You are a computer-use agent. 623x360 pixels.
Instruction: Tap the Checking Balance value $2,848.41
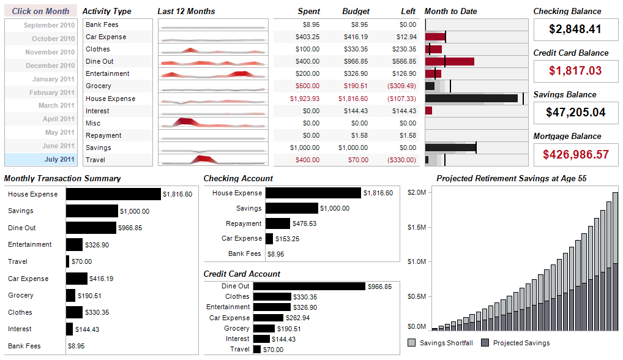(575, 29)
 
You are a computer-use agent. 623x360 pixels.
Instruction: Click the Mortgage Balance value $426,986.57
(575, 154)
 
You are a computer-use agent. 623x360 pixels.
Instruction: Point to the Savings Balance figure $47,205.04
(575, 113)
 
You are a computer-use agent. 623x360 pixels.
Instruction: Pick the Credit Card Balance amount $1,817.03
(575, 71)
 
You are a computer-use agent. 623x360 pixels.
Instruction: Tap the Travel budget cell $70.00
(358, 160)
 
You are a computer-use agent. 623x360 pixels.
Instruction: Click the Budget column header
(356, 11)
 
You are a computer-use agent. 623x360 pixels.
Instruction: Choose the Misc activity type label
(93, 123)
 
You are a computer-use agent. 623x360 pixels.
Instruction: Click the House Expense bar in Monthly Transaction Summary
(113, 194)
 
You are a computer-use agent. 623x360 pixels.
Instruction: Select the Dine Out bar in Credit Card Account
(309, 286)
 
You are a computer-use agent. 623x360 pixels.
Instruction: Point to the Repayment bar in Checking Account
(278, 223)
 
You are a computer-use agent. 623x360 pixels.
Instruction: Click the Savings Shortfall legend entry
(440, 343)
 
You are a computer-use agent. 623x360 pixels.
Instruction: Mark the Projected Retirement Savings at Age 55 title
(512, 178)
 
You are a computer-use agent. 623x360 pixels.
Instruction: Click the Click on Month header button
(40, 11)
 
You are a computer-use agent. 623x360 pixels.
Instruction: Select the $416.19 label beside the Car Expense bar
(102, 279)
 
